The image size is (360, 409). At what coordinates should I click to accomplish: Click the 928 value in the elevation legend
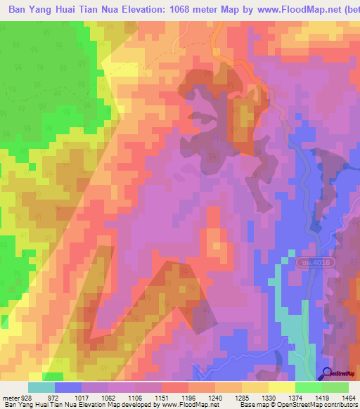click(26, 398)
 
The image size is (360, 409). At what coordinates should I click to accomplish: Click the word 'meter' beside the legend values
click(10, 398)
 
